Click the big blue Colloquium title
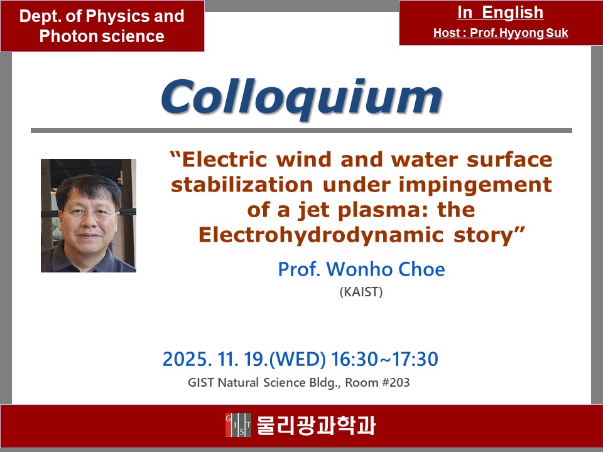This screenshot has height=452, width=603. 302,98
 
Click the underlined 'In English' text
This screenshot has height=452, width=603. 501,13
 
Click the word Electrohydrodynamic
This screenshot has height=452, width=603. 322,235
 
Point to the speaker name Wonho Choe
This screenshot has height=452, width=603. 386,269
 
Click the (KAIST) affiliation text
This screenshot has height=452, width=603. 361,292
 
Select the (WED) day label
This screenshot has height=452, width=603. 298,360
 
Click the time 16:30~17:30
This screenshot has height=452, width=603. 384,359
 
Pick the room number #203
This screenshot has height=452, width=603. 395,383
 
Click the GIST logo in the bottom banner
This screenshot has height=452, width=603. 239,425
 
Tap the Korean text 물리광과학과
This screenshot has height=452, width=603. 315,426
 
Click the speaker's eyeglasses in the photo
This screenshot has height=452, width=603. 89,212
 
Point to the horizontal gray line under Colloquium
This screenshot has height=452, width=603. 301,131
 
